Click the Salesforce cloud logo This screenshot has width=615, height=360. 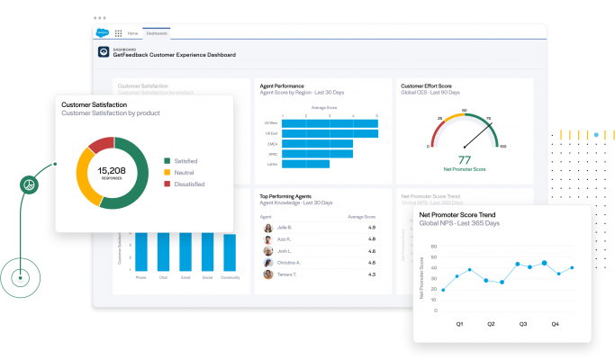point(104,32)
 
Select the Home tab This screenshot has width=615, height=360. point(131,33)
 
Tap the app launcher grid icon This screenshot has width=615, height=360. point(119,33)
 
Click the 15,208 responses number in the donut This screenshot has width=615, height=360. point(112,170)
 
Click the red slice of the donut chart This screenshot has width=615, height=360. point(102,144)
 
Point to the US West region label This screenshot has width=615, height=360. point(271,122)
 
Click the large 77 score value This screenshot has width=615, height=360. point(465,159)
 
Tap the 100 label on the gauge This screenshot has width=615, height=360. point(502,146)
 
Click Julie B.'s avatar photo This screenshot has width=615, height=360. point(268,228)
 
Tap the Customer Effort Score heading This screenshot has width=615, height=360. point(428,85)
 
